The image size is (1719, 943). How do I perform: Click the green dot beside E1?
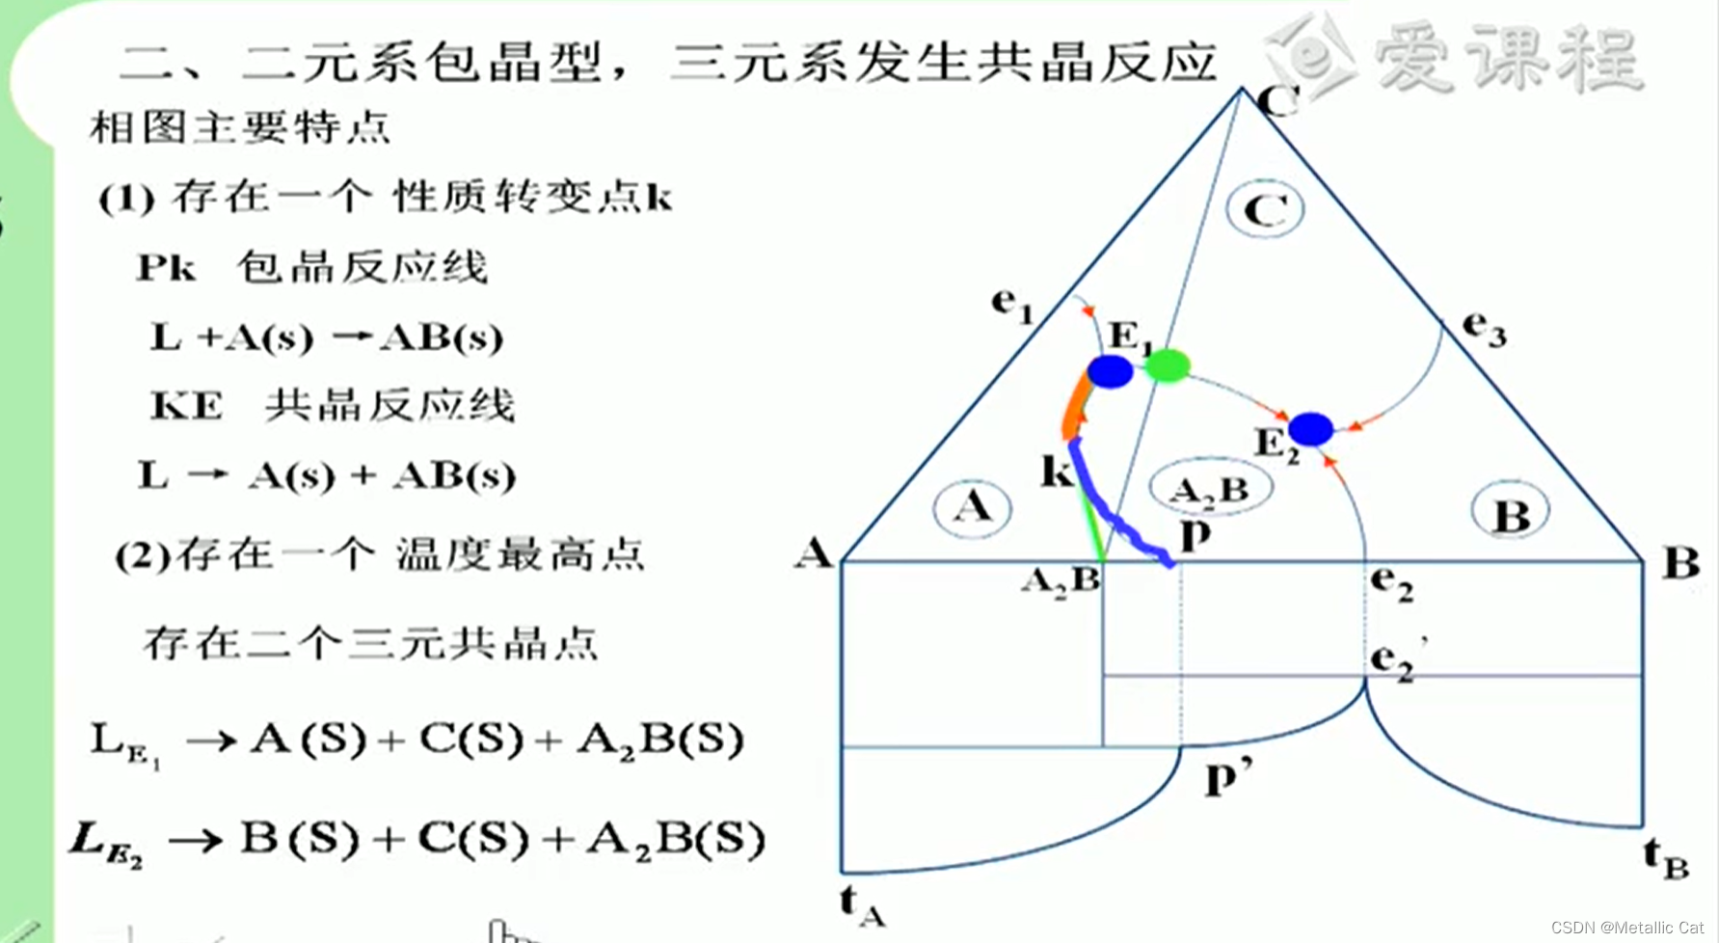(1167, 364)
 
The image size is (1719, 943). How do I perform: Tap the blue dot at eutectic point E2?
(1310, 429)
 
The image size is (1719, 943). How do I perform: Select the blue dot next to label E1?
(1110, 371)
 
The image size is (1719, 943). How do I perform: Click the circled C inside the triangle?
(1265, 209)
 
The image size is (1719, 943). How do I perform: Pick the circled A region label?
(972, 507)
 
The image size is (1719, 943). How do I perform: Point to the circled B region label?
(1511, 513)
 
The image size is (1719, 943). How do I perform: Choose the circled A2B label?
(1211, 489)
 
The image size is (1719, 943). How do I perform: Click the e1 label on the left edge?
(1011, 305)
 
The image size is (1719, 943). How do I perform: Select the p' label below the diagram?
(1227, 776)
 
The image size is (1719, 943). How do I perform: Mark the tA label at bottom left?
(862, 905)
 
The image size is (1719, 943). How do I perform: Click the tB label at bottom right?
(1666, 857)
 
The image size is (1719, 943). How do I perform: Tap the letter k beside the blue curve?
(1057, 471)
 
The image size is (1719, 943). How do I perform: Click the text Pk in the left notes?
(166, 268)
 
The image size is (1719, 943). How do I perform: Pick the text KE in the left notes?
(186, 406)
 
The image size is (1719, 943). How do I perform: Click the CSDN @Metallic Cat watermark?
(1626, 927)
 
